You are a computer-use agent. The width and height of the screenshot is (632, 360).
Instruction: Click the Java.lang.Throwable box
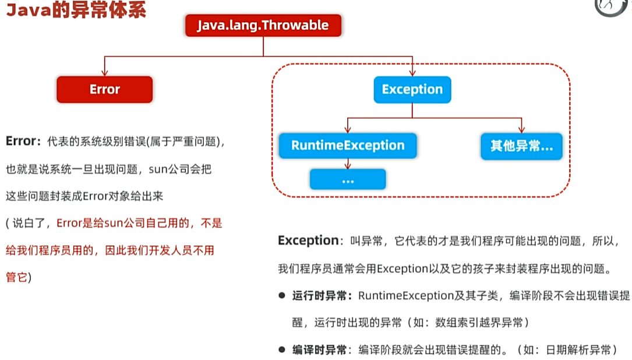click(263, 26)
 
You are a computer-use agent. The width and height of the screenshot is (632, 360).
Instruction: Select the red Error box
click(104, 90)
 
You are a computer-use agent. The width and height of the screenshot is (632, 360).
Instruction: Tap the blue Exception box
click(412, 90)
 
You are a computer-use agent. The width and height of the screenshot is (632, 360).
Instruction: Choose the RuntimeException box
click(348, 146)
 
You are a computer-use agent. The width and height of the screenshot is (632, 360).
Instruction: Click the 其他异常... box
click(521, 146)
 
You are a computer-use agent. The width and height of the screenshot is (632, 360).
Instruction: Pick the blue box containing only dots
click(348, 180)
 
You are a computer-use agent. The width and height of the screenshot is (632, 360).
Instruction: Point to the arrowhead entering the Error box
click(104, 73)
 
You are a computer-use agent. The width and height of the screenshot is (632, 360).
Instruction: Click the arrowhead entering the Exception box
click(412, 73)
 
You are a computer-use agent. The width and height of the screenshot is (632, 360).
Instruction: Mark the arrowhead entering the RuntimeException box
click(348, 129)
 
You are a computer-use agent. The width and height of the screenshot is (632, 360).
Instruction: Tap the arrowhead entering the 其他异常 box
click(521, 129)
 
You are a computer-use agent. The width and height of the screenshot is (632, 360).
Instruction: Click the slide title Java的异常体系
click(76, 11)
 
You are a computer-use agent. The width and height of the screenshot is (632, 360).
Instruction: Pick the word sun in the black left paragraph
click(158, 170)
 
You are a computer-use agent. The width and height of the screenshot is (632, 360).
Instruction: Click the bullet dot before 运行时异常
click(281, 296)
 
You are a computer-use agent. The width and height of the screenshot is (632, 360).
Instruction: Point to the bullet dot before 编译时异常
click(281, 350)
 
